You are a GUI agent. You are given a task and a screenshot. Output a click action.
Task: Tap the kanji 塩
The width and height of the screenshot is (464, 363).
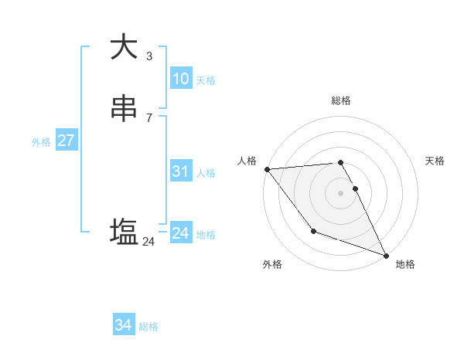[x=124, y=231]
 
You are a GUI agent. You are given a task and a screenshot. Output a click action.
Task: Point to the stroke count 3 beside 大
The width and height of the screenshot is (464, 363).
[x=148, y=56]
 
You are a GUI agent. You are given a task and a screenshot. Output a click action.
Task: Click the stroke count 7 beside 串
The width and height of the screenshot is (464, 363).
[x=148, y=117]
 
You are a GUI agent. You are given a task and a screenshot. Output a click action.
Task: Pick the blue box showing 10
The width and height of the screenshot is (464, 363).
[x=180, y=79]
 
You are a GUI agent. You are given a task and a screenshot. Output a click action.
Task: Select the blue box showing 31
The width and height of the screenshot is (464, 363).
[x=180, y=171]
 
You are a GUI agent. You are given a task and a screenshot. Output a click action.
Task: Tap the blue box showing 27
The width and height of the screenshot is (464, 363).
[x=66, y=141]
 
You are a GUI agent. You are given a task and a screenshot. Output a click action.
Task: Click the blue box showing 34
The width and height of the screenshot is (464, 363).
[x=123, y=325]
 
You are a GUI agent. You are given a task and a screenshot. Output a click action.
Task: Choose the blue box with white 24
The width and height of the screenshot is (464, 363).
[x=180, y=233]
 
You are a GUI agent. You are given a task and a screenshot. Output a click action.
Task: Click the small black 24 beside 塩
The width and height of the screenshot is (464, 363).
[x=148, y=242]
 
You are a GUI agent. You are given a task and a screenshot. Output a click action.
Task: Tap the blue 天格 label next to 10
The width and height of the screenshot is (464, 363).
[x=206, y=80]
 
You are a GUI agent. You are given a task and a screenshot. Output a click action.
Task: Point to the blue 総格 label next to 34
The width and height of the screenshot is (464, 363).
[x=148, y=327]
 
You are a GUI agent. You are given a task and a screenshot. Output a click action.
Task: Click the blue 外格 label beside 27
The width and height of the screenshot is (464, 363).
[x=41, y=142]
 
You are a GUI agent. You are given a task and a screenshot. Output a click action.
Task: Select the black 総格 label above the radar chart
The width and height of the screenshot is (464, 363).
[x=341, y=100]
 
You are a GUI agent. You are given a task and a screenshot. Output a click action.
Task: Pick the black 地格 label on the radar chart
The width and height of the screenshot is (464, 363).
[x=405, y=264]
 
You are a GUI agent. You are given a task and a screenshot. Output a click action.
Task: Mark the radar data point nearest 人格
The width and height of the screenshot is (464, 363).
[x=267, y=168]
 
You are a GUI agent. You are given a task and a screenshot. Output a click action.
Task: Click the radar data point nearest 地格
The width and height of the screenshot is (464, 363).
[x=386, y=255]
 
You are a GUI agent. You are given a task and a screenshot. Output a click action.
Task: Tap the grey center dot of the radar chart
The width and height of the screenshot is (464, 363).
[x=341, y=192]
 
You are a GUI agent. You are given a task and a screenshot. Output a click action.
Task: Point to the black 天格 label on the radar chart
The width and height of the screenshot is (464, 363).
[x=435, y=161]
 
